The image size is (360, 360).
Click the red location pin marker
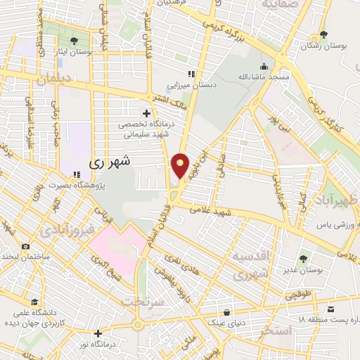coord(181,166)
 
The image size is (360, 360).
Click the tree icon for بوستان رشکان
coord(323,34)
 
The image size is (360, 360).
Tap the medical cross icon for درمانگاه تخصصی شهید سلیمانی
coord(146,113)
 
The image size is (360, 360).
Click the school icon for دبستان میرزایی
coord(190,74)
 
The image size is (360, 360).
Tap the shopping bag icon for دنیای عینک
coord(226,312)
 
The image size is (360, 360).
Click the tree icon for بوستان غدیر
coord(304,258)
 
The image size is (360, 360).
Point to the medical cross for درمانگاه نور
coord(98,333)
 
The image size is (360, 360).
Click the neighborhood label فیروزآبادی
coord(64,230)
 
